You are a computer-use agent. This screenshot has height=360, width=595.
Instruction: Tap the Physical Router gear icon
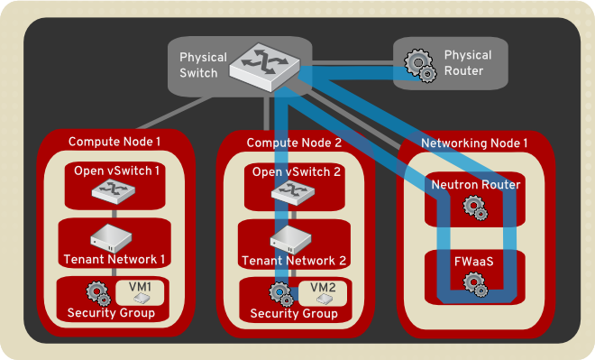[419, 64]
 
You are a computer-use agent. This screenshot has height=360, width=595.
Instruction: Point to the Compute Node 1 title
[114, 142]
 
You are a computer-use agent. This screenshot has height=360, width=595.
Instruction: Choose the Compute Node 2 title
[294, 142]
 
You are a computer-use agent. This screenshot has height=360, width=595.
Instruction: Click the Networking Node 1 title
[474, 142]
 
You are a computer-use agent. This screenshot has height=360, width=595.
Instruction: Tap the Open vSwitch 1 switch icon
[114, 191]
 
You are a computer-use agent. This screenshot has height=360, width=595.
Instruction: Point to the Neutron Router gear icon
[474, 208]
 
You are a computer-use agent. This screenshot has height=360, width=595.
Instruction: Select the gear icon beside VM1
[99, 292]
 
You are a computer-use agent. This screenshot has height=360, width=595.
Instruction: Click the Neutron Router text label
[475, 184]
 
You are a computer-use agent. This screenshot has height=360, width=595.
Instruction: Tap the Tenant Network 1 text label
[114, 260]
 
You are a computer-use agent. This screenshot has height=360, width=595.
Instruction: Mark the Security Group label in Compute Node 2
[294, 313]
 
